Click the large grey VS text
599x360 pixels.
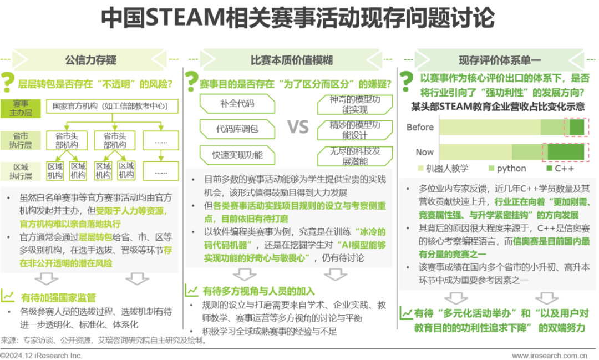pyautogui.click(x=298, y=128)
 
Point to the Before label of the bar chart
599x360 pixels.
pyautogui.click(x=420, y=127)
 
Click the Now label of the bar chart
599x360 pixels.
pyautogui.click(x=425, y=151)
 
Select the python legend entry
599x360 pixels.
pyautogui.click(x=507, y=168)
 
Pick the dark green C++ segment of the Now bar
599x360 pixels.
pyautogui.click(x=566, y=151)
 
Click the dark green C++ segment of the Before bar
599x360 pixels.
pyautogui.click(x=577, y=127)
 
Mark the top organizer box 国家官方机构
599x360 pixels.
pyautogui.click(x=115, y=105)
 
